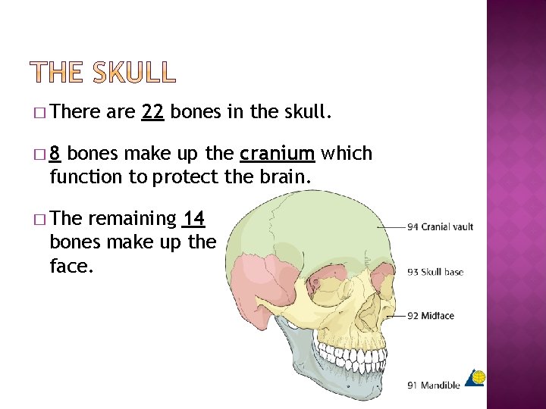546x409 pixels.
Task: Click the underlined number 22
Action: [152, 113]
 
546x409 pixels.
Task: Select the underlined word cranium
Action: [277, 154]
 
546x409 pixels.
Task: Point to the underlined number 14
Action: [193, 219]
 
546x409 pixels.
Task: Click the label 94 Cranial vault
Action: [440, 226]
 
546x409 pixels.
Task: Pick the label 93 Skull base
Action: [435, 272]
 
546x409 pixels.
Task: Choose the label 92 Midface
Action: [431, 316]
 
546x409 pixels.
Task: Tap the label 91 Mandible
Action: [434, 385]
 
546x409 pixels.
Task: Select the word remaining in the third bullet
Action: [131, 219]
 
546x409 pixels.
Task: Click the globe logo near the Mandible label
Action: [475, 376]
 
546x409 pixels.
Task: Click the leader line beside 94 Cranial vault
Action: [391, 226]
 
